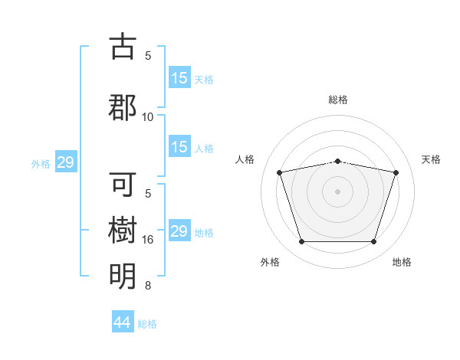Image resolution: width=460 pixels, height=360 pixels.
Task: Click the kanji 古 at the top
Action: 123,47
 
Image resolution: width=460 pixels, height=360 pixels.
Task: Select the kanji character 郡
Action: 123,106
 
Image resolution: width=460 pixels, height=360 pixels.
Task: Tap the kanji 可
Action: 123,185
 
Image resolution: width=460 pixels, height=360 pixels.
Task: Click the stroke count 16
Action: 148,240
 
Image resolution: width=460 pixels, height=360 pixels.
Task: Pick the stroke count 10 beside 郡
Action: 148,116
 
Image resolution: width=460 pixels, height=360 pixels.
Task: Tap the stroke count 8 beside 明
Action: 148,286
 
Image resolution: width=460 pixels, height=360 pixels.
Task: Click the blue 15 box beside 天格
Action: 179,78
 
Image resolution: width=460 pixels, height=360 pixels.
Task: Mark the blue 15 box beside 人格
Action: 179,148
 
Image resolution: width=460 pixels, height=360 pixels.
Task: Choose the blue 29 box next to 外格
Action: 65,162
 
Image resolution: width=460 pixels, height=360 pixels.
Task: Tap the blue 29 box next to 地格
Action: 179,231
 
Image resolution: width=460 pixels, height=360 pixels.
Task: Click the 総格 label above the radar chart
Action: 338,100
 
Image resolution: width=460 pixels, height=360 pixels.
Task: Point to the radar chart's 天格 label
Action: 432,159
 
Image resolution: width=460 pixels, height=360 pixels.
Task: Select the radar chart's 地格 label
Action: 402,262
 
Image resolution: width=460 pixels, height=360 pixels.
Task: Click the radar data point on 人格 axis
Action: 280,172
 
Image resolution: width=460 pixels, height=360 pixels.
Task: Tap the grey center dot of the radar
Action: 338,191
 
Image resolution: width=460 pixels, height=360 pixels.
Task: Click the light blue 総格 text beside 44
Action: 148,324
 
